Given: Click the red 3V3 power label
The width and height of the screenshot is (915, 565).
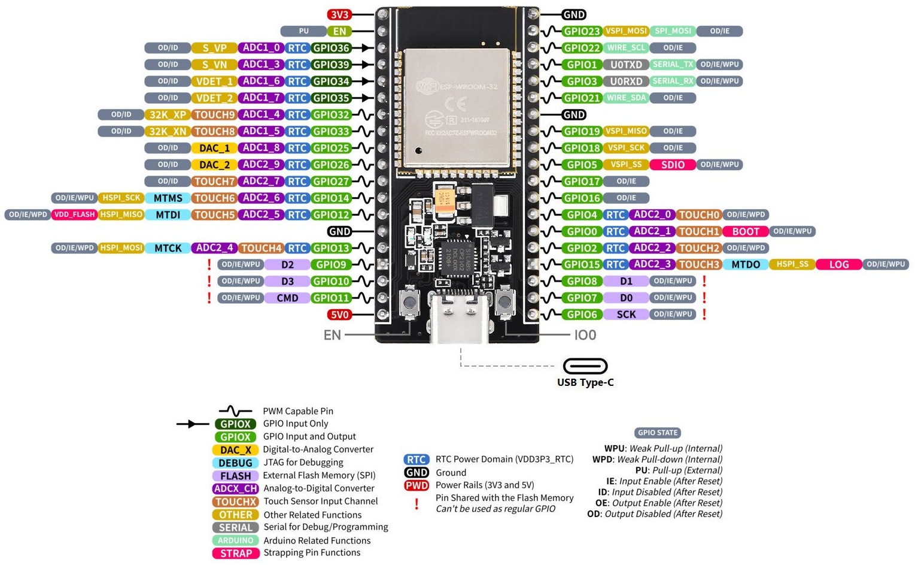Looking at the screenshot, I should pos(339,15).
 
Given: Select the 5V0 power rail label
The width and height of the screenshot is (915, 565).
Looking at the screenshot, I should pos(339,315).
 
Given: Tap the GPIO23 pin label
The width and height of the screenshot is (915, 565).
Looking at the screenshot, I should pos(582,31).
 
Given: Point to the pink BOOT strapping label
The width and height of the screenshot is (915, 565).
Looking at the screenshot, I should pos(745,231).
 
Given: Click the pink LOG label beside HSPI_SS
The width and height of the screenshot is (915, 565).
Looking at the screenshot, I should pos(838,264).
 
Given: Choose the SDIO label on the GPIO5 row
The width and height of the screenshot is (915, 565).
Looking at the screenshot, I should pos(673,165).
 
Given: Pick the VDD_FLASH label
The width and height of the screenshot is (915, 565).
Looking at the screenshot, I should pos(74,214).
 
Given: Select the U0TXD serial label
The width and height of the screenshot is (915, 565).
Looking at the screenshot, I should pos(626,65).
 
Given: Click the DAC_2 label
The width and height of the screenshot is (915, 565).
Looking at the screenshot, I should pos(214,165).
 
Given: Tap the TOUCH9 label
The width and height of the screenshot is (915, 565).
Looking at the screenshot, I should pos(214,114).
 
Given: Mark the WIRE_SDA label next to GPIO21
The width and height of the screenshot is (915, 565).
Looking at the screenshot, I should pos(626,98).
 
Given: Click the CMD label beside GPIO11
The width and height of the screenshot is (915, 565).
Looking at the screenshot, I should pos(287,298).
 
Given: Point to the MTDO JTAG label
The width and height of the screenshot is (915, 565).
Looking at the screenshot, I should pos(746,264).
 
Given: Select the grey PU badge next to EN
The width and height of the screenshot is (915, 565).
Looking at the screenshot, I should pos(303,31).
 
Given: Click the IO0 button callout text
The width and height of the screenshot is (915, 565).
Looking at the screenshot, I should pos(585,335).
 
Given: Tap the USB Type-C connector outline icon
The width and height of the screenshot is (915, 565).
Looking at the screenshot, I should pos(585,366).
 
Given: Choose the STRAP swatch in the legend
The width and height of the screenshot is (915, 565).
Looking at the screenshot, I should pos(236,554).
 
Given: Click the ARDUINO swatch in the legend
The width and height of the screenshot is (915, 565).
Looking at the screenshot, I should pos(236,540).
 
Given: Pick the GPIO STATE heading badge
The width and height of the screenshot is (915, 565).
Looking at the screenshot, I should pos(658,433).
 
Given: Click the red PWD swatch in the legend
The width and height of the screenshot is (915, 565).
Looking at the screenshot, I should pos(417,485).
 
